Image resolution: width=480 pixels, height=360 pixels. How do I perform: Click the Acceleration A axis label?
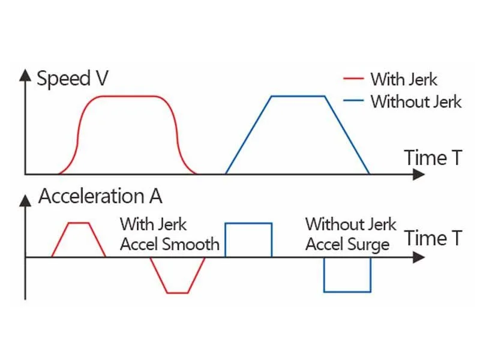click(x=100, y=196)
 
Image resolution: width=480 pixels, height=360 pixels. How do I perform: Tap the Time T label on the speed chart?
click(x=433, y=158)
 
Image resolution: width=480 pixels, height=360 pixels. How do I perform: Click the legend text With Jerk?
click(x=404, y=79)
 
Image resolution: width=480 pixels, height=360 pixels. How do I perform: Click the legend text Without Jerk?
click(x=416, y=101)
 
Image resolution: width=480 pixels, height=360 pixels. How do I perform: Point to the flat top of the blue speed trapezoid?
click(x=298, y=96)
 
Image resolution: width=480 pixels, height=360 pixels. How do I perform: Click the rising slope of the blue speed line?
click(x=248, y=135)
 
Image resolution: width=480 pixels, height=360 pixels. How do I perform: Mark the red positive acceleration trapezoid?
click(x=79, y=240)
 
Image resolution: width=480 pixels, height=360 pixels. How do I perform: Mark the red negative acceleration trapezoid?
click(x=178, y=276)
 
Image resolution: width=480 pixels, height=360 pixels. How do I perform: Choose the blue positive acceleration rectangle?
click(x=248, y=240)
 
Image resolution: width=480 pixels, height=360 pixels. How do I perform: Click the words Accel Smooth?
click(x=169, y=244)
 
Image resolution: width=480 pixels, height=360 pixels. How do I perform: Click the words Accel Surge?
click(x=347, y=244)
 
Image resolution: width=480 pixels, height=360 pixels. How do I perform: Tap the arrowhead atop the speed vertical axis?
click(x=25, y=74)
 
